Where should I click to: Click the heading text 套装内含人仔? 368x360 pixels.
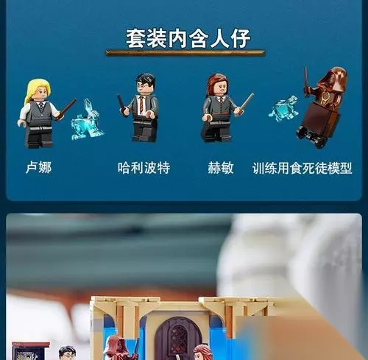pyautogui.click(x=188, y=38)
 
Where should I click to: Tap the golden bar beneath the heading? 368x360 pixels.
pyautogui.click(x=185, y=53)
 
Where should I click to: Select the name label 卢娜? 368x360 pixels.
pyautogui.click(x=39, y=168)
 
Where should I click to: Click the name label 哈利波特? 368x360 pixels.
pyautogui.click(x=144, y=168)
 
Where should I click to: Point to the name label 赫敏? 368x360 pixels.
pyautogui.click(x=221, y=168)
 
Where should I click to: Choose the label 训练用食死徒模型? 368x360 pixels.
pyautogui.click(x=302, y=168)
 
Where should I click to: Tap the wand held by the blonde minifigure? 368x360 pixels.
pyautogui.click(x=66, y=109)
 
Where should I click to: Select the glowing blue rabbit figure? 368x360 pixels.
pyautogui.click(x=87, y=120)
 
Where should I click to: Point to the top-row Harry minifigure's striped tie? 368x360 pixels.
pyautogui.click(x=141, y=105)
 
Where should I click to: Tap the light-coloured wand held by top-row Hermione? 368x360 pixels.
pyautogui.click(x=246, y=102)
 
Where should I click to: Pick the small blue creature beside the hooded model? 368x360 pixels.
pyautogui.click(x=284, y=108)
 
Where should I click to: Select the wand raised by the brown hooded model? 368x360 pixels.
pyautogui.click(x=306, y=81)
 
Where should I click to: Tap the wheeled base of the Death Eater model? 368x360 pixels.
pyautogui.click(x=311, y=138)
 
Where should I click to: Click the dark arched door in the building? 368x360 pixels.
pyautogui.click(x=175, y=340)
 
